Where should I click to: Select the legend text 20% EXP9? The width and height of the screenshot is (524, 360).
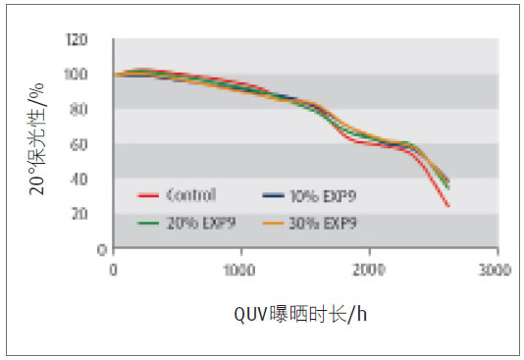click(x=196, y=222)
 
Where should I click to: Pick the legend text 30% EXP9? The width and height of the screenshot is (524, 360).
click(x=325, y=222)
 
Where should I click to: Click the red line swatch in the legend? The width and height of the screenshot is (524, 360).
click(x=149, y=196)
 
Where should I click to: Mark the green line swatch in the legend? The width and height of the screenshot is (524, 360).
click(x=149, y=223)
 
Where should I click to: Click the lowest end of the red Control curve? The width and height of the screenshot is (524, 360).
click(x=448, y=206)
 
